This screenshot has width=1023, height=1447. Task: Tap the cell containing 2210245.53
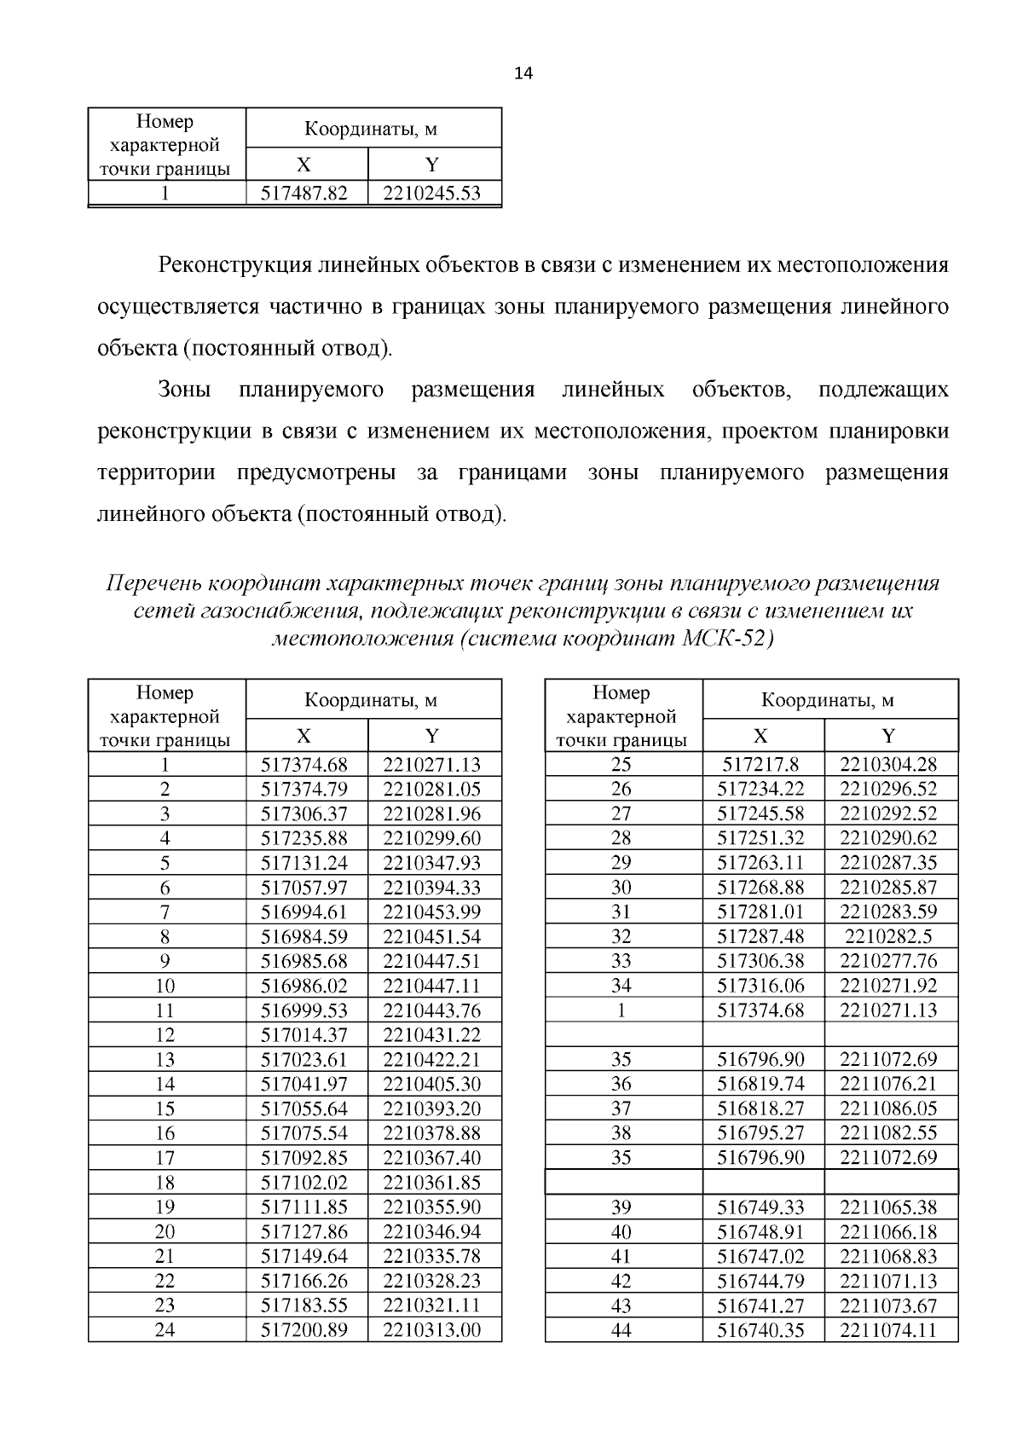pyautogui.click(x=432, y=194)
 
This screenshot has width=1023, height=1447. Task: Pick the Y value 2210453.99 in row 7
pyautogui.click(x=432, y=912)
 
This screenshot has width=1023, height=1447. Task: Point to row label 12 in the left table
pyautogui.click(x=165, y=1035)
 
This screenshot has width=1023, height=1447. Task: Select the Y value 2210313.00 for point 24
pyautogui.click(x=432, y=1329)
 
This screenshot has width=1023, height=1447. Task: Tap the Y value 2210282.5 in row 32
pyautogui.click(x=888, y=936)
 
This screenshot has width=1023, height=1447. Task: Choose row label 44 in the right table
pyautogui.click(x=621, y=1329)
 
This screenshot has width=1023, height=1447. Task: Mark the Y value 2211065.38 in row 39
pyautogui.click(x=888, y=1207)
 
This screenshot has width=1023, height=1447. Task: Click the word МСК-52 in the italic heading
pyautogui.click(x=728, y=639)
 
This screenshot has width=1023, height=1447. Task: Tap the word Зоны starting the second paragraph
pyautogui.click(x=184, y=391)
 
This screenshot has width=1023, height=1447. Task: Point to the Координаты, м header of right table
pyautogui.click(x=827, y=700)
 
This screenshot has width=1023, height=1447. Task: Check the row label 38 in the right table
pyautogui.click(x=621, y=1133)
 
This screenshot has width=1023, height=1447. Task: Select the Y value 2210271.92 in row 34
pyautogui.click(x=888, y=986)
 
